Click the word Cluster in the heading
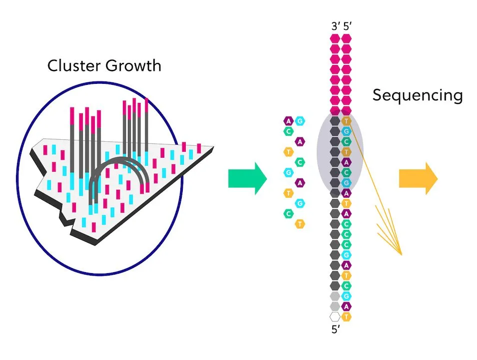pos(71,66)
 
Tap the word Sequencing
pos(418,95)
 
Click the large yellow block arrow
pos(418,178)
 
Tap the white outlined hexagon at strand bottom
pos(335,317)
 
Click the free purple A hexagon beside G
pos(288,121)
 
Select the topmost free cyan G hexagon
pos(300,121)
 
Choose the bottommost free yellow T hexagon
pos(300,224)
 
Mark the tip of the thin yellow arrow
pos(401,255)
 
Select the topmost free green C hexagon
pos(288,131)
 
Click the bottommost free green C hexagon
pos(288,214)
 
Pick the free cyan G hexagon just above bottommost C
pos(300,203)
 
